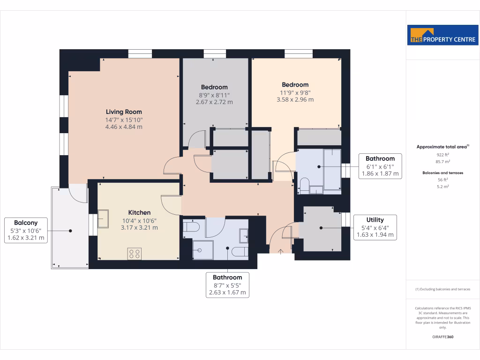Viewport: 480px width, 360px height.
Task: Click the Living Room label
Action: [x=124, y=112]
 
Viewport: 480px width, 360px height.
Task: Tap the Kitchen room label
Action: [x=139, y=212]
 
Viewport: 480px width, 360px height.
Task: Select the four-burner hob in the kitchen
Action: [x=135, y=254]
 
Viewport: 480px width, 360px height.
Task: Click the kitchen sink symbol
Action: [x=103, y=218]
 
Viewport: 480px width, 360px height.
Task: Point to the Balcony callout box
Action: [x=26, y=230]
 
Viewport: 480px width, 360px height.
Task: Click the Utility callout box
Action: [x=375, y=227]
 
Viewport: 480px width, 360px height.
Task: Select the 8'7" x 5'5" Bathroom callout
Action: [x=227, y=285]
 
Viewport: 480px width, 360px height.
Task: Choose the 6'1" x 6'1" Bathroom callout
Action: [x=380, y=166]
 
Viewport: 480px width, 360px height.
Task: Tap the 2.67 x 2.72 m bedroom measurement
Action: [x=214, y=102]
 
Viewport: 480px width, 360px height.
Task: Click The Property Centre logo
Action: [x=443, y=35]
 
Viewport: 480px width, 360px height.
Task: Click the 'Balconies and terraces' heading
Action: [x=443, y=172]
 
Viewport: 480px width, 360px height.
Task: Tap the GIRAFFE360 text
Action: [x=443, y=337]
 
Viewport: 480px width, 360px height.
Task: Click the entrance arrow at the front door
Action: [x=281, y=252]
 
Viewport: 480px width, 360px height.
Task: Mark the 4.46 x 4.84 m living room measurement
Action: [x=124, y=127]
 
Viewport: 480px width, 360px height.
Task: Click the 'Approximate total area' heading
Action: [x=442, y=147]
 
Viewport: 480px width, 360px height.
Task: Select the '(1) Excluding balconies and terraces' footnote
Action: [x=443, y=289]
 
